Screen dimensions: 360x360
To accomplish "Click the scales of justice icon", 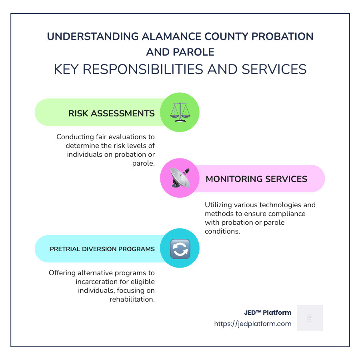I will coord(180,112).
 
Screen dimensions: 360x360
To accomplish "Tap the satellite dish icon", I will coord(180,178).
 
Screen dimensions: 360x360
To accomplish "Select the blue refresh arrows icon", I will coord(180,248).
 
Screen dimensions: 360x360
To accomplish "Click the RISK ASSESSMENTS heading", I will coord(111,113).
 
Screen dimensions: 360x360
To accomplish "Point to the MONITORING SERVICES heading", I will coord(256,179).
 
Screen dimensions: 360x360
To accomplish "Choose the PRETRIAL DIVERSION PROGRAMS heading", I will coord(102,249).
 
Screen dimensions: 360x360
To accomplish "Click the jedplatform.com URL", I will coord(253,324).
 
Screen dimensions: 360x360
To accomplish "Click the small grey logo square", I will coord(310,318).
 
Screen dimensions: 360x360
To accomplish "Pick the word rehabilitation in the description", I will coord(132,299).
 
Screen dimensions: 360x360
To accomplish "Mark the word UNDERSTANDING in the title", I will coord(92,36).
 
